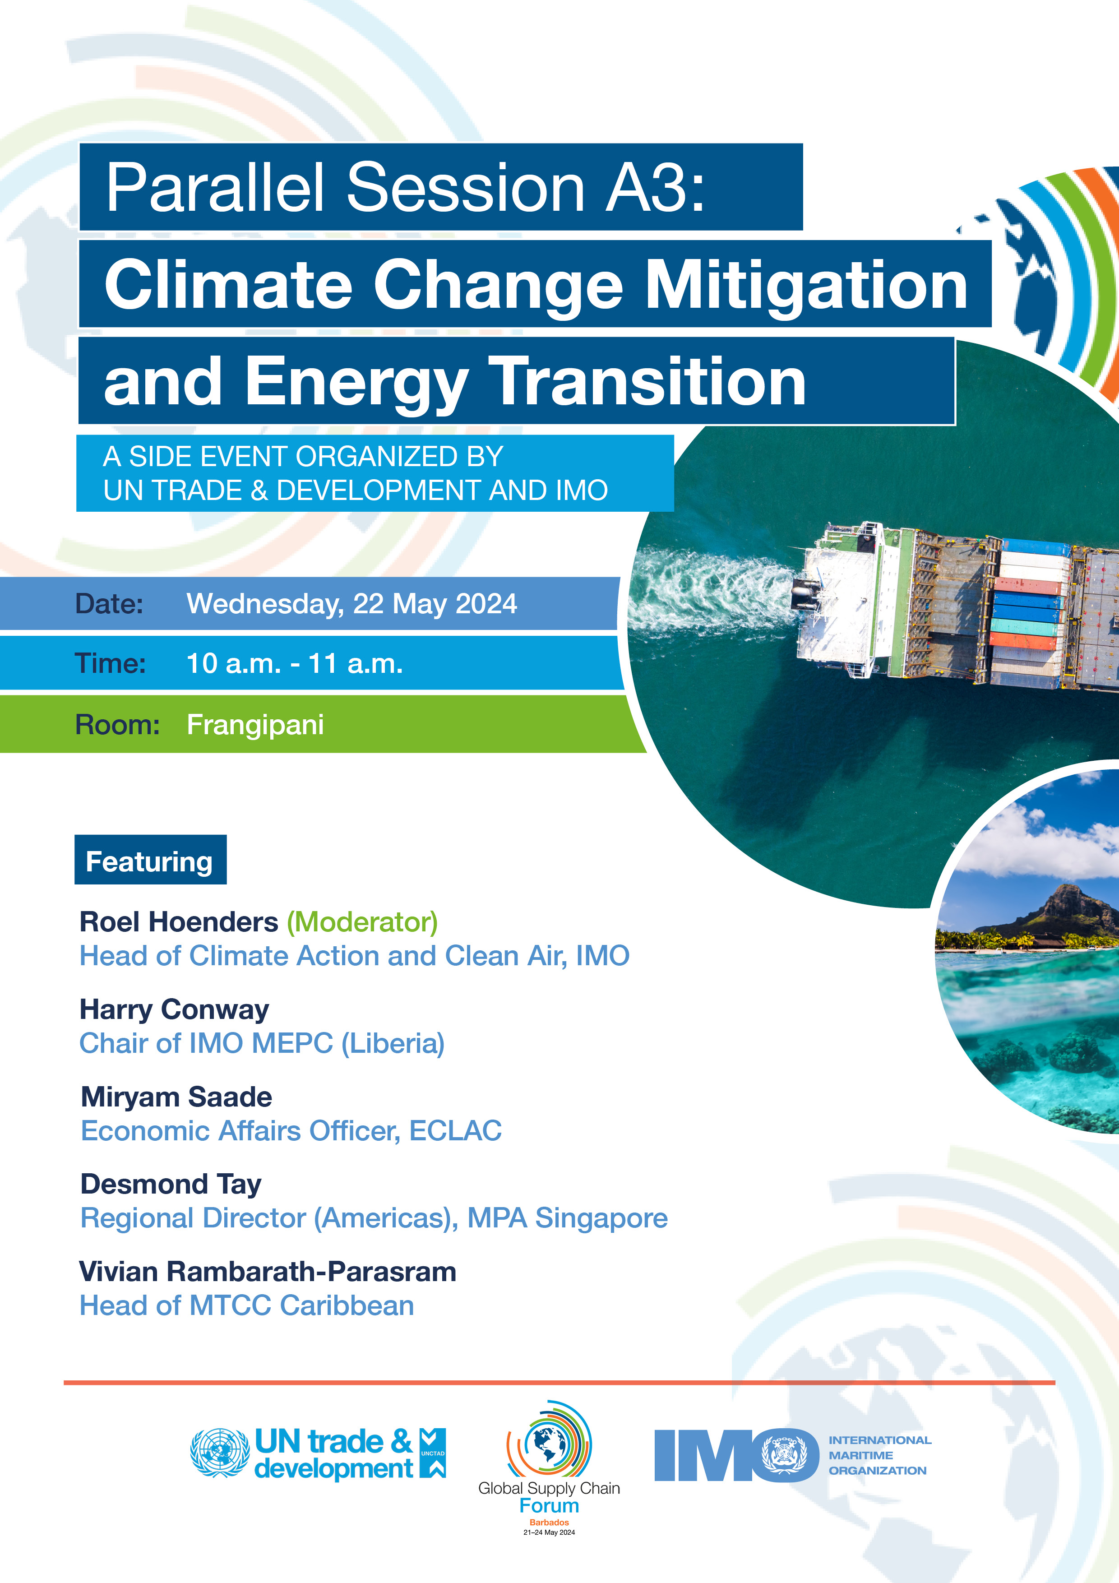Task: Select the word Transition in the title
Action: pos(651,381)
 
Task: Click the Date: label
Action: pos(109,604)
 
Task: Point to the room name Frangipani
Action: pos(255,725)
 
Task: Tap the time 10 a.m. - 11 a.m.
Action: pos(294,663)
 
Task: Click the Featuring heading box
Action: pos(150,860)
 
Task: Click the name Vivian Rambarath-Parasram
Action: pos(268,1271)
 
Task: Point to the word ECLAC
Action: pos(455,1131)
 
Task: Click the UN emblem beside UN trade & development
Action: pos(219,1452)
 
